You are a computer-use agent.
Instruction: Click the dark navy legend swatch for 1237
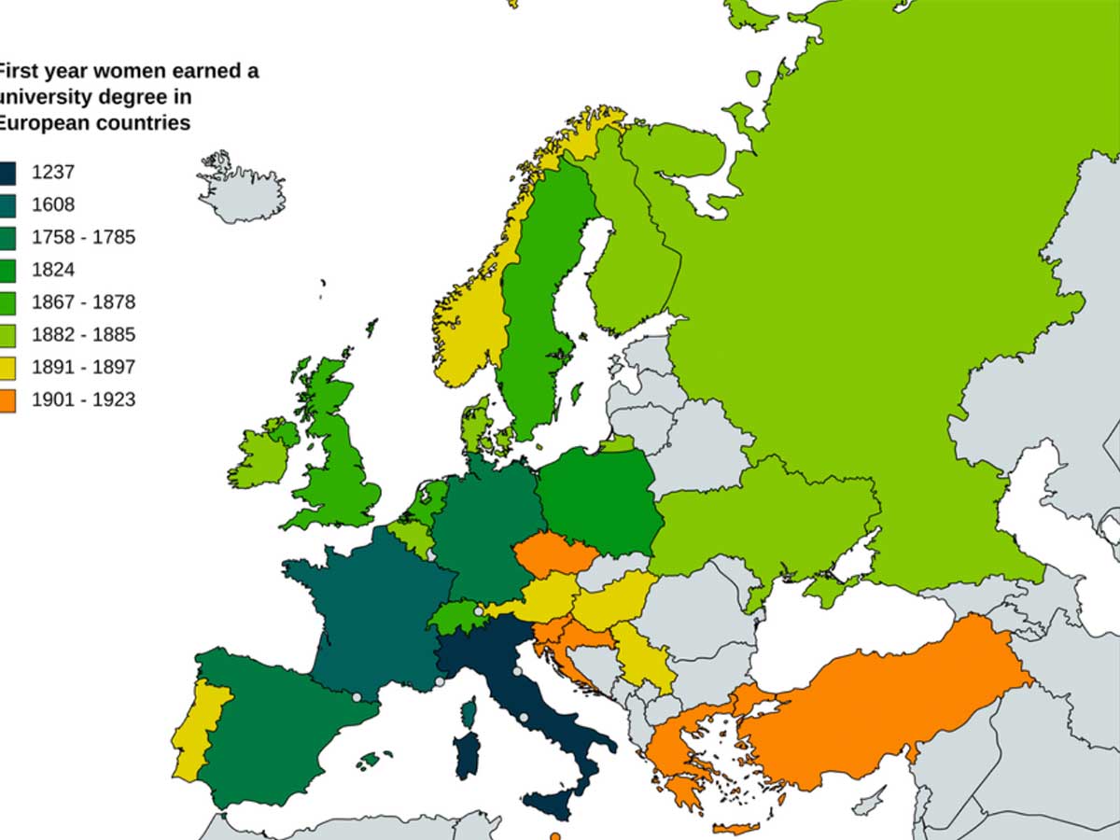pos(7,173)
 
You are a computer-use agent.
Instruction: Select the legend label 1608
pos(52,204)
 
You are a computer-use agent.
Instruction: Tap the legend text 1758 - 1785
pos(83,237)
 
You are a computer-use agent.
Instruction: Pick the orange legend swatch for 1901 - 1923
pos(7,400)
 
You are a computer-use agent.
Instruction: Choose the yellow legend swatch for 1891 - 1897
pos(7,368)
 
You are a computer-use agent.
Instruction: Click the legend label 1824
pos(52,270)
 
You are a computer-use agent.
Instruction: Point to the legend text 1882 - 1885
pos(83,335)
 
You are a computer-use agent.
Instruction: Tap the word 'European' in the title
pos(42,122)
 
